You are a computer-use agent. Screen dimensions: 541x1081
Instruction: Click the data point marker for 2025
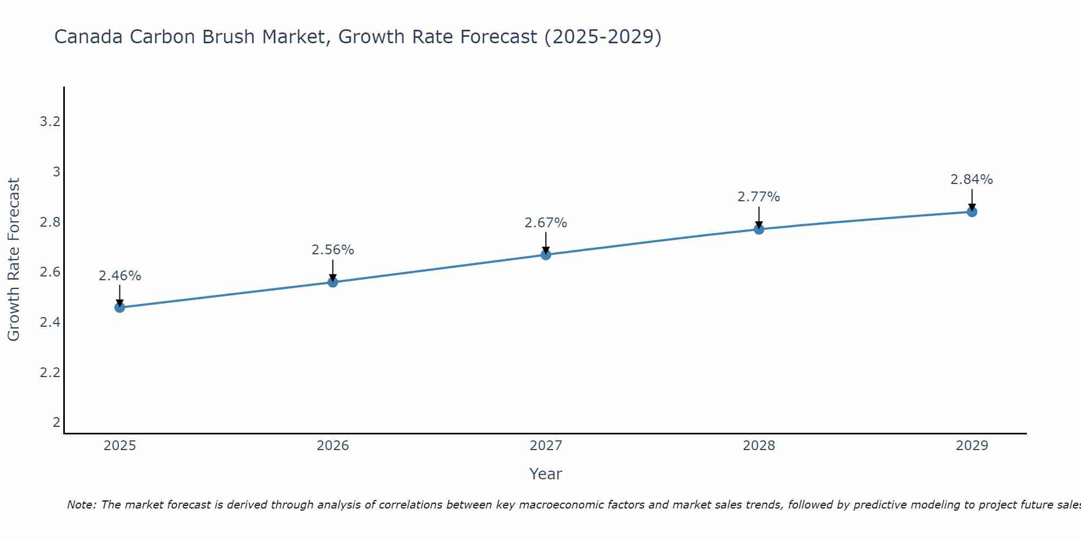pyautogui.click(x=119, y=308)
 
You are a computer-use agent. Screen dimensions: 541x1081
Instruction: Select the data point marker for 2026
pyautogui.click(x=333, y=282)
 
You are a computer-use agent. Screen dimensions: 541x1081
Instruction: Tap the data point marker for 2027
pyautogui.click(x=546, y=255)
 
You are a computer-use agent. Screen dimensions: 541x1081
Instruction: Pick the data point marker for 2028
pyautogui.click(x=759, y=229)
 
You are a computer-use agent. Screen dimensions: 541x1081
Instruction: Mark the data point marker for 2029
pyautogui.click(x=972, y=212)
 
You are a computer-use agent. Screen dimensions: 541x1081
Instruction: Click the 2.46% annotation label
pyautogui.click(x=119, y=276)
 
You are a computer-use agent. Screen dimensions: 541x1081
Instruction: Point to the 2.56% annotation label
pyautogui.click(x=333, y=250)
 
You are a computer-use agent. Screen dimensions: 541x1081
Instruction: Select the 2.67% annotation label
pyautogui.click(x=546, y=223)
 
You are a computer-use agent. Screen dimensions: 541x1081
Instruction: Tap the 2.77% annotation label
pyautogui.click(x=759, y=197)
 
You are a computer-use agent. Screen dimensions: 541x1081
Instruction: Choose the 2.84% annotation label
pyautogui.click(x=972, y=180)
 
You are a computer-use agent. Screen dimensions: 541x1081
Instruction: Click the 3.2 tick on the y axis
pyautogui.click(x=50, y=122)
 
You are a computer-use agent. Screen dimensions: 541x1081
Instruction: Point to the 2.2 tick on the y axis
pyautogui.click(x=50, y=373)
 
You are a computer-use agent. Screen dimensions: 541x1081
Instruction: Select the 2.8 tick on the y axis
pyautogui.click(x=50, y=222)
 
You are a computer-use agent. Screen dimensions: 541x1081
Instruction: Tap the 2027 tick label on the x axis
pyautogui.click(x=546, y=446)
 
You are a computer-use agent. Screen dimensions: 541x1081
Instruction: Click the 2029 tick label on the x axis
pyautogui.click(x=972, y=446)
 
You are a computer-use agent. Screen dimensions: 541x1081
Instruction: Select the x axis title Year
pyautogui.click(x=546, y=474)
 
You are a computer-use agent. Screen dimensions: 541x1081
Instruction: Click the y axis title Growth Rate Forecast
pyautogui.click(x=14, y=260)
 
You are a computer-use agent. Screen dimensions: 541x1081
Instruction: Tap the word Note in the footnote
pyautogui.click(x=81, y=505)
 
